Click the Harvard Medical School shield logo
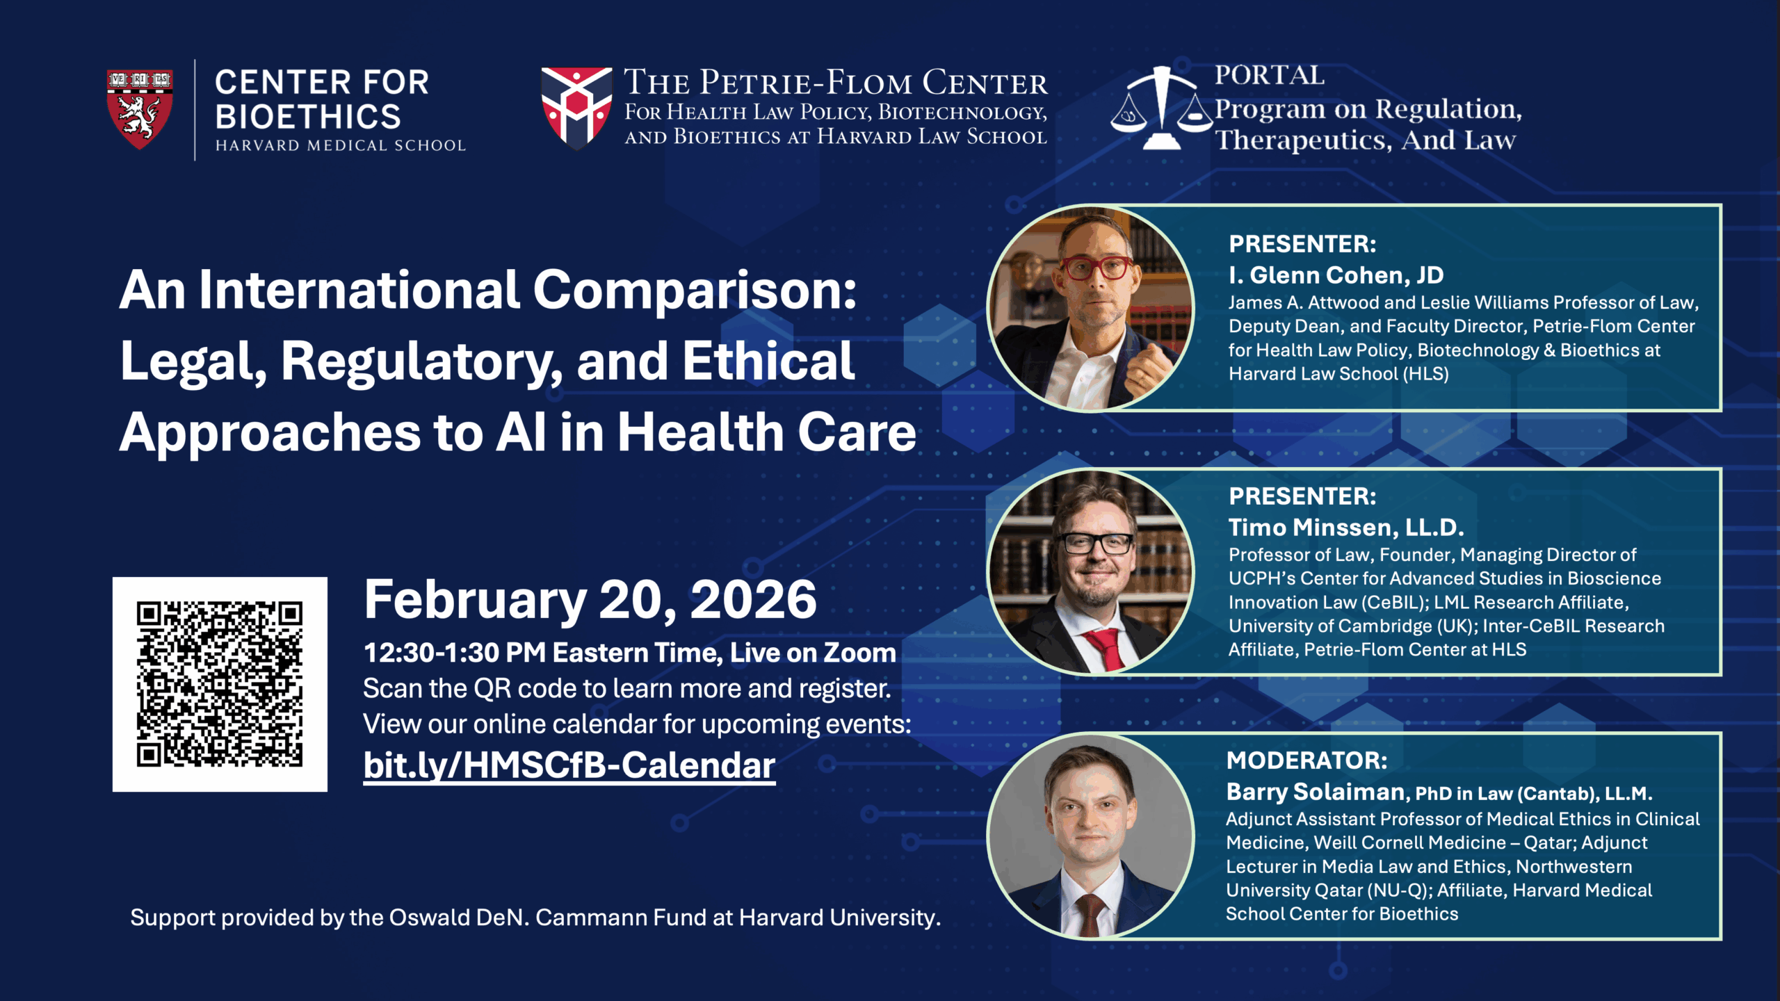click(139, 108)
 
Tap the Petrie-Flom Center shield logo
click(576, 108)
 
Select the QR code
click(220, 684)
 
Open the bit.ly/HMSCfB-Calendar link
click(569, 765)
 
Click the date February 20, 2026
click(590, 599)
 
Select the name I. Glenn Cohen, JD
click(1336, 275)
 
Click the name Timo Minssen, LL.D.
click(1346, 528)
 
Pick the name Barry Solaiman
click(1316, 792)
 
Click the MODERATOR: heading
click(1306, 760)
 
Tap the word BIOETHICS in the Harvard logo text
click(308, 117)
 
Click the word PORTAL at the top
click(1270, 75)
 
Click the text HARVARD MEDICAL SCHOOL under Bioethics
click(341, 145)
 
